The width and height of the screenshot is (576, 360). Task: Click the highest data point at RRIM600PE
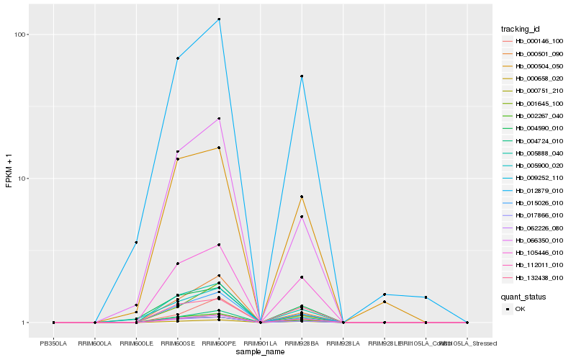coord(219,19)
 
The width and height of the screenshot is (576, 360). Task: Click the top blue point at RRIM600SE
coord(178,58)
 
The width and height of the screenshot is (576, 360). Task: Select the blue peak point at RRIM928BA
coord(302,76)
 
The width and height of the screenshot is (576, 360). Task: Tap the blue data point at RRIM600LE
coord(136,242)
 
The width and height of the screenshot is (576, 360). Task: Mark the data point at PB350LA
coord(53,323)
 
